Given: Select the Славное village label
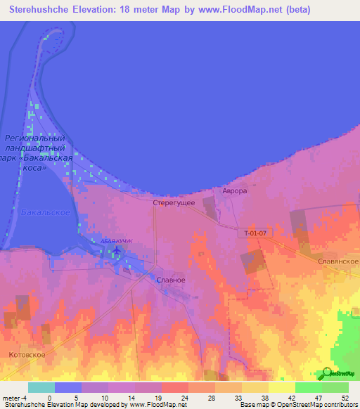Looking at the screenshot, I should coord(170,280).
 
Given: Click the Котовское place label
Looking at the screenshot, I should coord(27,355).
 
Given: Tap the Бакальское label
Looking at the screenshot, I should coord(45,212).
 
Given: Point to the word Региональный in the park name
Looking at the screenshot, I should coord(34,138).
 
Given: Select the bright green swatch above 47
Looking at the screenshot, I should coord(309,387).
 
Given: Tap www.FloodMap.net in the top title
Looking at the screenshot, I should coord(232,9).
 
